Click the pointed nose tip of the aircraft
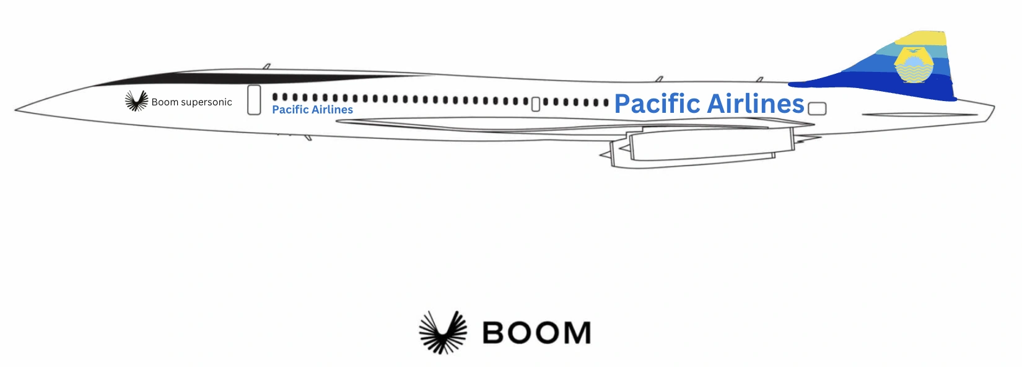(16, 110)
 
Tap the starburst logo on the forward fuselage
(136, 101)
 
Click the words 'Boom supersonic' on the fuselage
(191, 102)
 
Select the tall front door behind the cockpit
(254, 100)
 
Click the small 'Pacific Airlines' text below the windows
(312, 110)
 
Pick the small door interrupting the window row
(536, 104)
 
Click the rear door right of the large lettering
(818, 108)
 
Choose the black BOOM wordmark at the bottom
(536, 333)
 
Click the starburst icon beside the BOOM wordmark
(443, 332)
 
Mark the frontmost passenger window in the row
(276, 97)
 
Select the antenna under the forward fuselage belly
(308, 137)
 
